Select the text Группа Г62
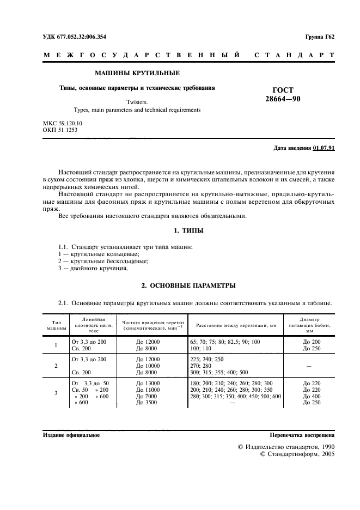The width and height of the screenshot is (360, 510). point(319,37)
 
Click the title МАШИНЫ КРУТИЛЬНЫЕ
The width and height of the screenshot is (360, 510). point(137,73)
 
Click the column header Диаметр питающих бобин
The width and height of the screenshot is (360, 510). point(309,325)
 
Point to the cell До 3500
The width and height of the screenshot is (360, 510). point(146,403)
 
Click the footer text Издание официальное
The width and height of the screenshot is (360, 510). point(71,436)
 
